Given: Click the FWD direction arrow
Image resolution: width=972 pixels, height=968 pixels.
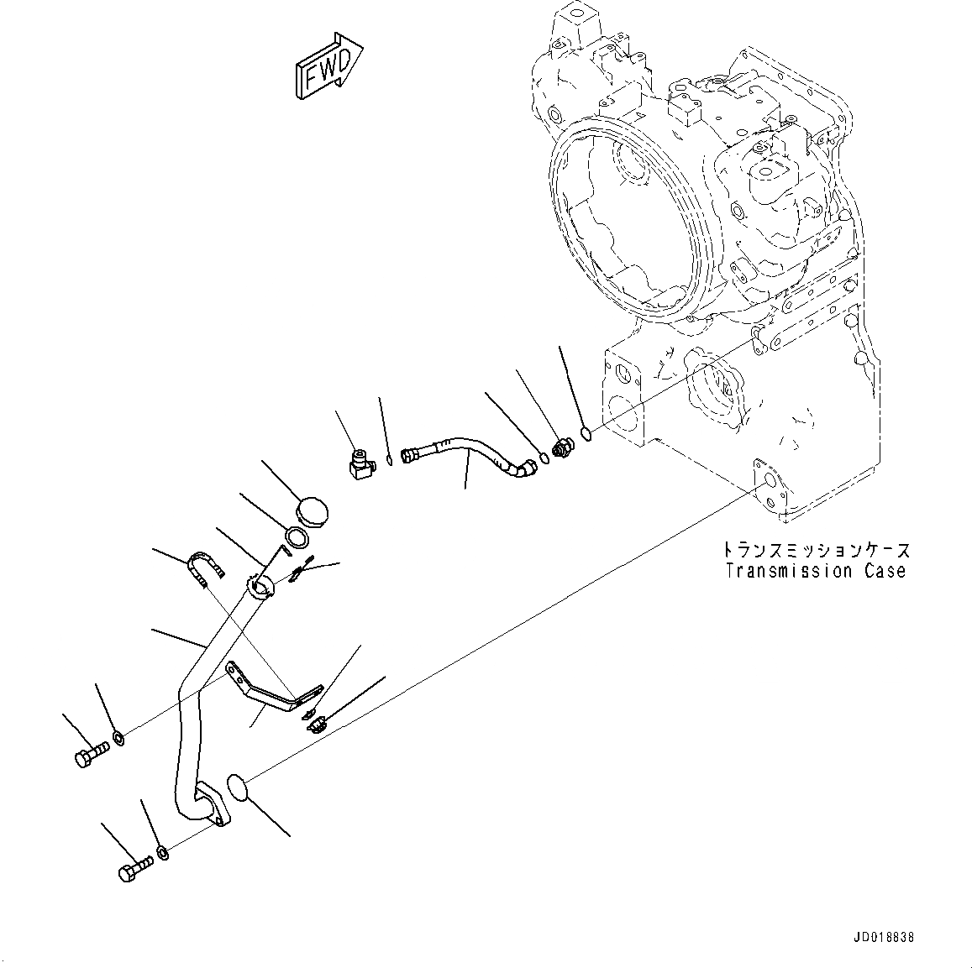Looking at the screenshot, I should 328,67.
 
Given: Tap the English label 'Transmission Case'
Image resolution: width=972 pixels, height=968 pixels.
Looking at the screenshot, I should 816,572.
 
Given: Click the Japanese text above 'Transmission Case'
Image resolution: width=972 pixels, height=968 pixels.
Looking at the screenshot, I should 816,551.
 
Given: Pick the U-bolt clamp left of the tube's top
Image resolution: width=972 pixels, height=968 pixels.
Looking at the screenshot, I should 204,568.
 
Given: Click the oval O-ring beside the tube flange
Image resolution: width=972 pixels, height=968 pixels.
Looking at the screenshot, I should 239,791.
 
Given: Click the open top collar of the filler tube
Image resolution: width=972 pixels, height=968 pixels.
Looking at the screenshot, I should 260,586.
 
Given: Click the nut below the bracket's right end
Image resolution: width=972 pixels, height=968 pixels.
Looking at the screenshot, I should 318,721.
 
